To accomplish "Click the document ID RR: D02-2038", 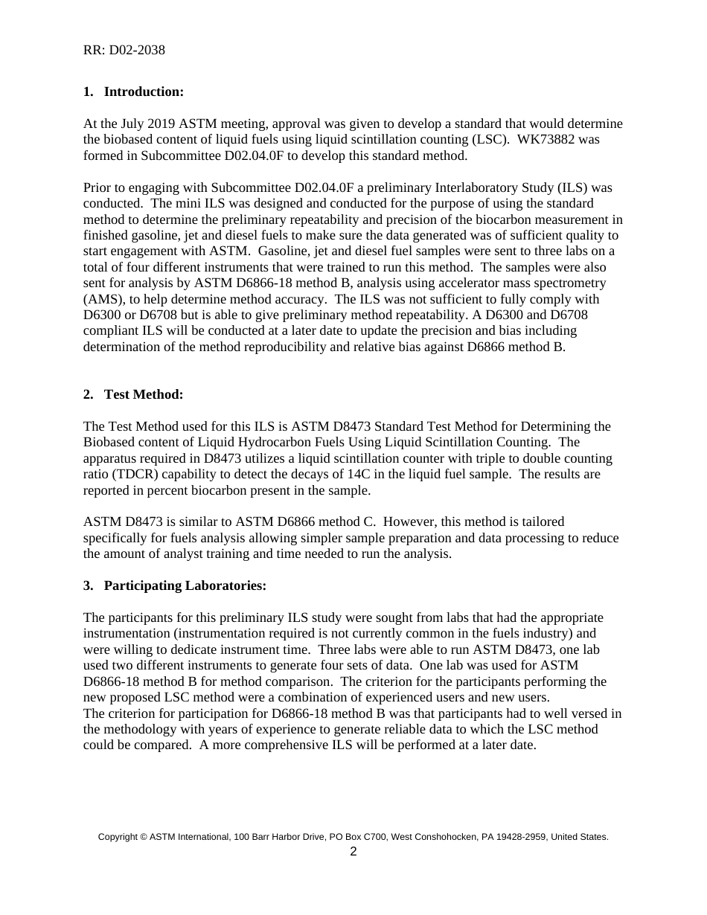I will pyautogui.click(x=124, y=51).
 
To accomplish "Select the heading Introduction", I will pyautogui.click(x=144, y=91).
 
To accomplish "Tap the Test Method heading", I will pyautogui.click(x=143, y=394).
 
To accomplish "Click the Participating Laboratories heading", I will pyautogui.click(x=185, y=585).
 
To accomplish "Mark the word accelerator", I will pyautogui.click(x=431, y=283).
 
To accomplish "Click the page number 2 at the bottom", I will pyautogui.click(x=353, y=852).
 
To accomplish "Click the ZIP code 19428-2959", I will pyautogui.click(x=517, y=837).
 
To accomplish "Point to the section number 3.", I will pyautogui.click(x=88, y=585).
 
